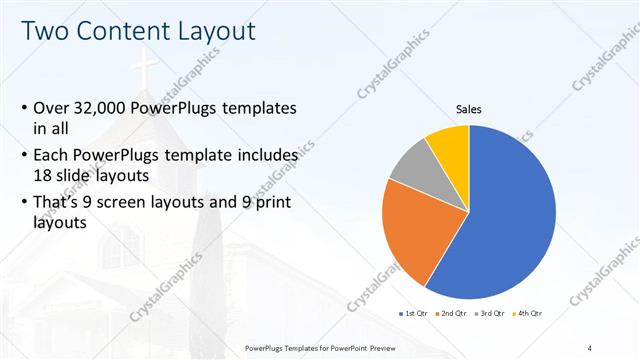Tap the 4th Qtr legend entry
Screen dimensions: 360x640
point(528,313)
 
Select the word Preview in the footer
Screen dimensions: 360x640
point(388,347)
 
